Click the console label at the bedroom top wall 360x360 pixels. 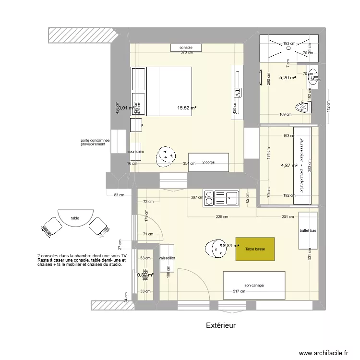[186, 48]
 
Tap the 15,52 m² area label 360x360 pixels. [187, 108]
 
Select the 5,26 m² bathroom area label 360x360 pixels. [288, 78]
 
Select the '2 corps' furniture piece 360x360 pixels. [208, 163]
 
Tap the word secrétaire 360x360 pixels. [136, 152]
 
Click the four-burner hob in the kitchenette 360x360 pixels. [211, 198]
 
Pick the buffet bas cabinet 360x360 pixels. [308, 231]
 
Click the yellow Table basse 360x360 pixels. [255, 249]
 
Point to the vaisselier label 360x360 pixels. [167, 258]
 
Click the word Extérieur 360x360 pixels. [221, 325]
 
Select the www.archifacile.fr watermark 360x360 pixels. [323, 353]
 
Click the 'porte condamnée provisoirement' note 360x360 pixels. [95, 142]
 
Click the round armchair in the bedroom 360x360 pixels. [166, 156]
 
